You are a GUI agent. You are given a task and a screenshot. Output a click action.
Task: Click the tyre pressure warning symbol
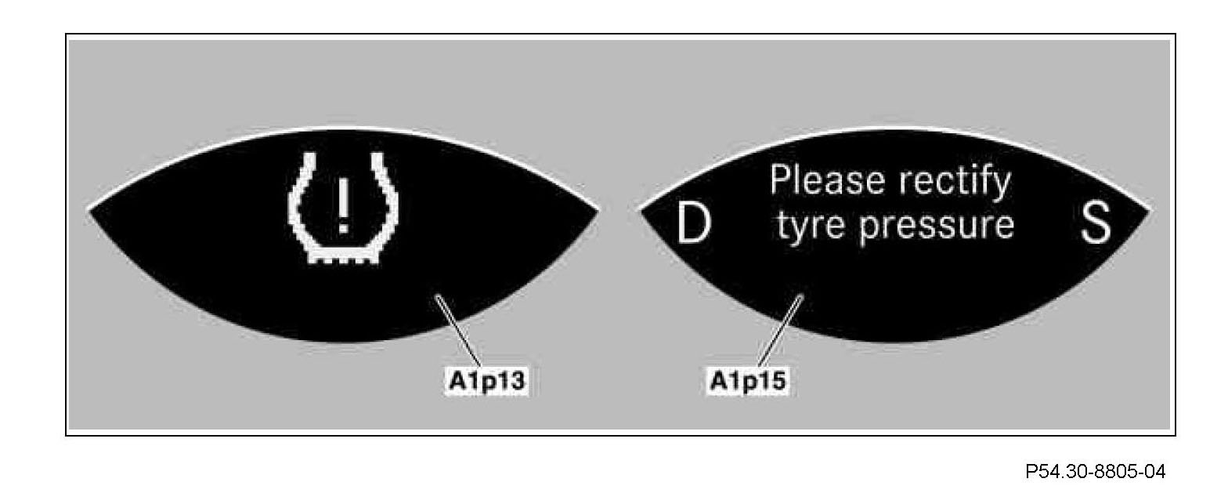[342, 207]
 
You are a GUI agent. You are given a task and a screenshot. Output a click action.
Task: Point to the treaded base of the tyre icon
[342, 255]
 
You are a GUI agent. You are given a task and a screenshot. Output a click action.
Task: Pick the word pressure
[937, 225]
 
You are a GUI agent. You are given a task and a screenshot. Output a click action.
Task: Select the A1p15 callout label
[749, 382]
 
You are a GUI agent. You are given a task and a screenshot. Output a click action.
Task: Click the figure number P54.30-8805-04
[1095, 472]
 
